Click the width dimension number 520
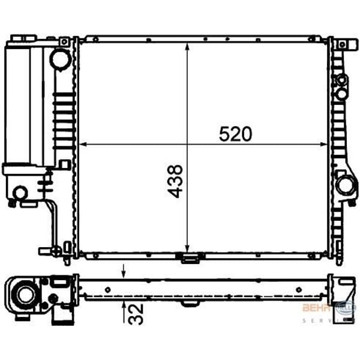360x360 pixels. tap(235, 134)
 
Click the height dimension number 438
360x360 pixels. tap(175, 182)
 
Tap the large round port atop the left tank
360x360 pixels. tap(60, 58)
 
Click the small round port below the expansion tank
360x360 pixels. tap(20, 193)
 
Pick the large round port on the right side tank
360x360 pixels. tap(344, 185)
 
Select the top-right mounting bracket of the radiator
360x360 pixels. tap(343, 45)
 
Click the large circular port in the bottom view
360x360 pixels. tap(26, 294)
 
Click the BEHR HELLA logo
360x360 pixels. tap(328, 308)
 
